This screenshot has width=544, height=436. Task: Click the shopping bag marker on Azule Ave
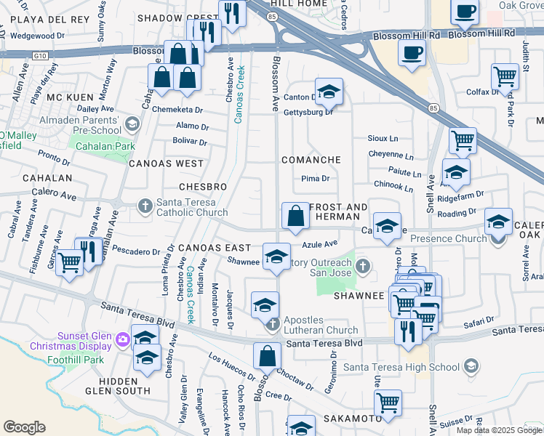click(x=295, y=217)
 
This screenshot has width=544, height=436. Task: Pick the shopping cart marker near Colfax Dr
click(x=505, y=76)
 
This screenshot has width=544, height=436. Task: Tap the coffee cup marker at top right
click(x=464, y=12)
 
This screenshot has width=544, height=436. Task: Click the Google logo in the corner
click(x=24, y=427)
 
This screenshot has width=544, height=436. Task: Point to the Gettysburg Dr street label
click(x=308, y=112)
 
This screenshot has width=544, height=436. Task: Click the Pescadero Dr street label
click(x=137, y=252)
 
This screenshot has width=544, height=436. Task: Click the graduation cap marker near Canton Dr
click(x=329, y=92)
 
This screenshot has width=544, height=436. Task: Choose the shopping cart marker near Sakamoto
click(x=388, y=402)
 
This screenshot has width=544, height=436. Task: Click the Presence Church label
click(x=449, y=238)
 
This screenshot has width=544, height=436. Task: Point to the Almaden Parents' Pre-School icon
click(x=132, y=124)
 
